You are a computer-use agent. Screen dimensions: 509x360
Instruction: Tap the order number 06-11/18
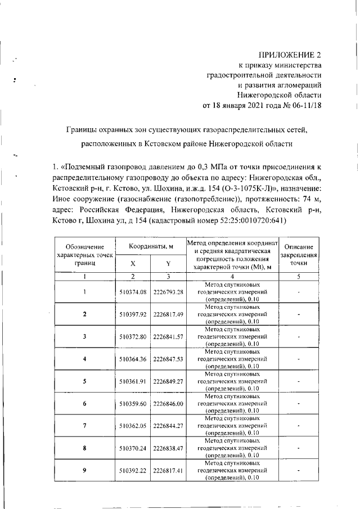click(x=305, y=105)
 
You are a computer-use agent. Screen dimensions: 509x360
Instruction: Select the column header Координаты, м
click(x=150, y=247)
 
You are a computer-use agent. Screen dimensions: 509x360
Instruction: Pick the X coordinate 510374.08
click(x=133, y=292)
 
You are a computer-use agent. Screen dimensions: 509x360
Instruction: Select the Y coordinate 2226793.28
click(x=168, y=292)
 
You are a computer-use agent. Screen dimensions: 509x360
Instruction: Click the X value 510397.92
click(x=133, y=314)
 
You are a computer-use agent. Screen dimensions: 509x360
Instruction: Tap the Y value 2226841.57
click(x=168, y=336)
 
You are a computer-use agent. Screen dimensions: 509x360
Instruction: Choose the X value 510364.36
click(x=133, y=358)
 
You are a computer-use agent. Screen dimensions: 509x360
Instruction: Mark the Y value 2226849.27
click(x=168, y=381)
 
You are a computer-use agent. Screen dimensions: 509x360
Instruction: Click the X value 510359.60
click(x=133, y=403)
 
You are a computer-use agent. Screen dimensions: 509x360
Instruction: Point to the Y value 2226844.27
click(x=168, y=426)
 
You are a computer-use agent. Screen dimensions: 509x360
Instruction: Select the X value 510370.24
click(x=133, y=448)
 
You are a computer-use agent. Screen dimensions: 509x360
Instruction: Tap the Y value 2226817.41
click(x=168, y=470)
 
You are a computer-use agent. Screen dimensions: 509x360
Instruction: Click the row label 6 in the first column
click(x=84, y=403)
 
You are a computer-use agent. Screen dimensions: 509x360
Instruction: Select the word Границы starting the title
click(x=82, y=130)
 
